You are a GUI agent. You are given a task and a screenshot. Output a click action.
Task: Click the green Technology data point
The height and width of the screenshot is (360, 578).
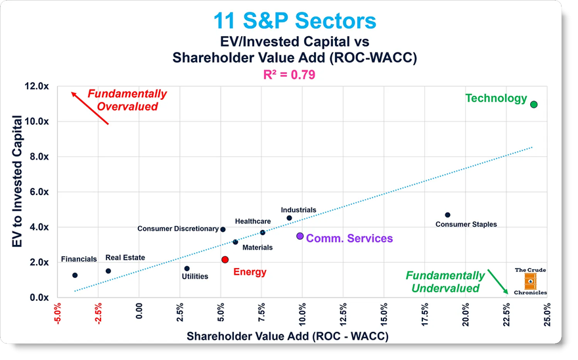tap(533, 104)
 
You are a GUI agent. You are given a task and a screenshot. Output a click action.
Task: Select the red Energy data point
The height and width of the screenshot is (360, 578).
tap(225, 259)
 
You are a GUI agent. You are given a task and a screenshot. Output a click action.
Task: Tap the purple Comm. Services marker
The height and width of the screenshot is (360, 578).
tap(300, 236)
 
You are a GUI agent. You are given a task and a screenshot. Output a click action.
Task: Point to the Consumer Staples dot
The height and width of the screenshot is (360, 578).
tap(447, 215)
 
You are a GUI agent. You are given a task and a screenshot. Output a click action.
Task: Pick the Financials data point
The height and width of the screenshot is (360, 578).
tap(75, 275)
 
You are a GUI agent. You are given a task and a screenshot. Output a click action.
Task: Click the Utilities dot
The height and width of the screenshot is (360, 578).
tap(187, 269)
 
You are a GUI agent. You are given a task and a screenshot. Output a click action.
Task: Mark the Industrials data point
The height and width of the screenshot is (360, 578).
tap(290, 218)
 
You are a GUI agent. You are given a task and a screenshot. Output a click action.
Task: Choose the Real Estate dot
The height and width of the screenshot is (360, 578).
tap(108, 271)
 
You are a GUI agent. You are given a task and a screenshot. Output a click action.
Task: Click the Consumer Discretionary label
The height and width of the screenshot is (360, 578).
tap(178, 229)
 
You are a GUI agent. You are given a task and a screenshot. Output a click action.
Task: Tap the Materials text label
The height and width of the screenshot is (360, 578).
tap(257, 248)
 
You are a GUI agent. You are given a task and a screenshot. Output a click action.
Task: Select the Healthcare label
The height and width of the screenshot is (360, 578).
tap(253, 221)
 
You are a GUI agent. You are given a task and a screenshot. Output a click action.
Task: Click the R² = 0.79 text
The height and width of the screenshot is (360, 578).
tap(290, 74)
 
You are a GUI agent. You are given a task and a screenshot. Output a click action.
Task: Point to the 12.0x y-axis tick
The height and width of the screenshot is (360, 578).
tap(37, 86)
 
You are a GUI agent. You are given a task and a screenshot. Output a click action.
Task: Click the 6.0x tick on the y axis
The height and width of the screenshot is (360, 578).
tap(39, 192)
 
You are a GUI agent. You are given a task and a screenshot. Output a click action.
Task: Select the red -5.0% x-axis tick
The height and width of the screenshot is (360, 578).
tap(58, 314)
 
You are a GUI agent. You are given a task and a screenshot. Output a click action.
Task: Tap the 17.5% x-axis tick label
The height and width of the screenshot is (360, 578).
tap(425, 315)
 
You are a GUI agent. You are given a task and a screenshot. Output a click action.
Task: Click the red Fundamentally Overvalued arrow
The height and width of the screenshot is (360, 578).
tap(89, 108)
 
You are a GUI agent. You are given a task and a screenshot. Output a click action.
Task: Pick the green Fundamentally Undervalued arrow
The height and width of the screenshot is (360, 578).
tap(498, 282)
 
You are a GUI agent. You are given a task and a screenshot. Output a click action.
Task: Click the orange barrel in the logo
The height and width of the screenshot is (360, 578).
tap(530, 281)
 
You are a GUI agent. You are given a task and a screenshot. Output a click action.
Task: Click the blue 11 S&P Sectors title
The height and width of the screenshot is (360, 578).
tap(294, 20)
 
